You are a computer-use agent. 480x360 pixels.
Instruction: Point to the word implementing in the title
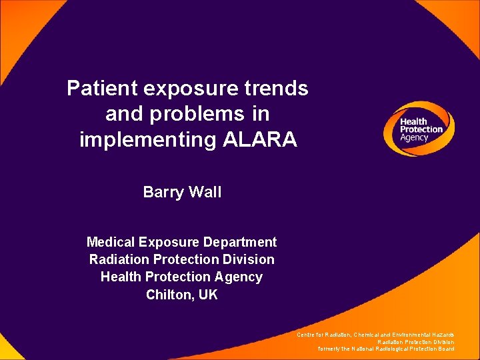click(x=145, y=140)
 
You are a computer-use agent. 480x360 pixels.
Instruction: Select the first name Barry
click(x=163, y=193)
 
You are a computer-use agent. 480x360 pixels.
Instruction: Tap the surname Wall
click(x=205, y=193)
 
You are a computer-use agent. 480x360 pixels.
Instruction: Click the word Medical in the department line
click(x=111, y=242)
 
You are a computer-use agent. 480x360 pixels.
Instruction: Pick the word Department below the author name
click(x=241, y=242)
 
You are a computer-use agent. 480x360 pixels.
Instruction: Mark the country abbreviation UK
click(x=208, y=294)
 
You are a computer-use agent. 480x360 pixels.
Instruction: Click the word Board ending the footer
click(x=447, y=349)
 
